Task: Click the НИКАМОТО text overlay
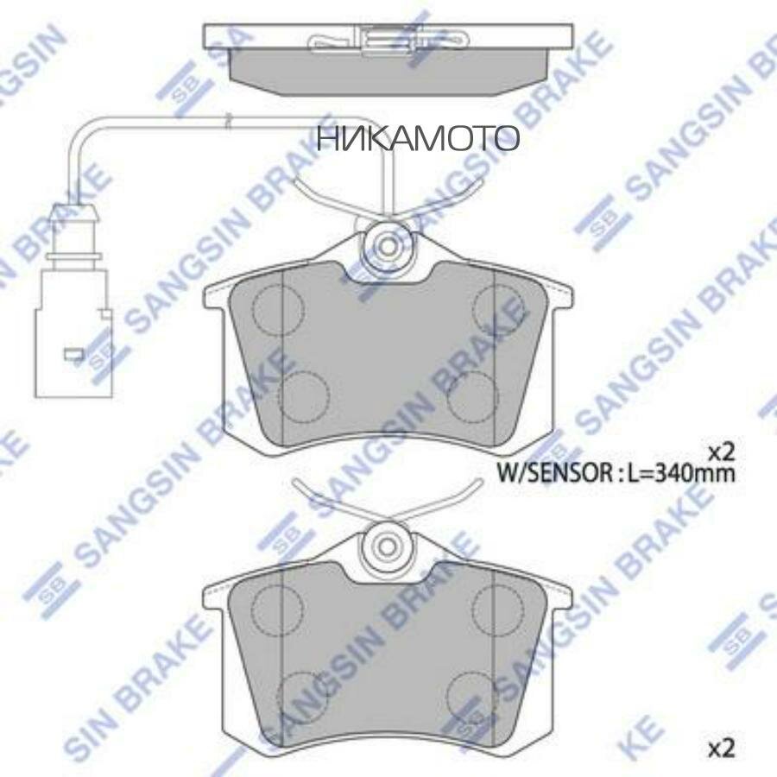pyautogui.click(x=418, y=138)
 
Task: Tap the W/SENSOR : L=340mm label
pyautogui.click(x=616, y=472)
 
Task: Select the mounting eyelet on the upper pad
pyautogui.click(x=386, y=245)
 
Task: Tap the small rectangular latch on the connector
pyautogui.click(x=73, y=353)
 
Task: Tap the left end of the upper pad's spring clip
pyautogui.click(x=298, y=183)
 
